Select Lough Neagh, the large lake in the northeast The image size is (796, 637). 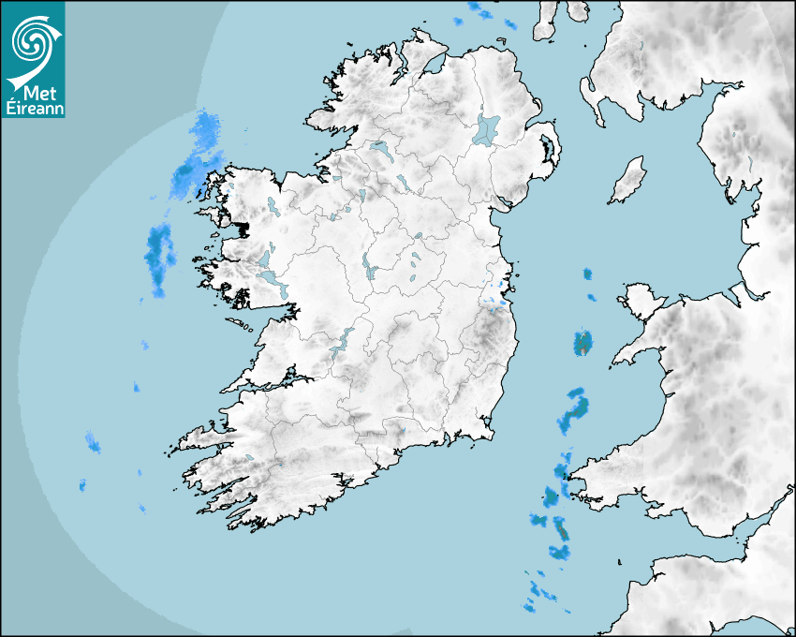[x=487, y=128]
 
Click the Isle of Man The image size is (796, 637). [x=628, y=180]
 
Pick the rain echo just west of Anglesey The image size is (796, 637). [x=583, y=343]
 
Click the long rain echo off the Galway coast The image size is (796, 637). [x=159, y=256]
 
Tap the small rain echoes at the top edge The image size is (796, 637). [x=481, y=11]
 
